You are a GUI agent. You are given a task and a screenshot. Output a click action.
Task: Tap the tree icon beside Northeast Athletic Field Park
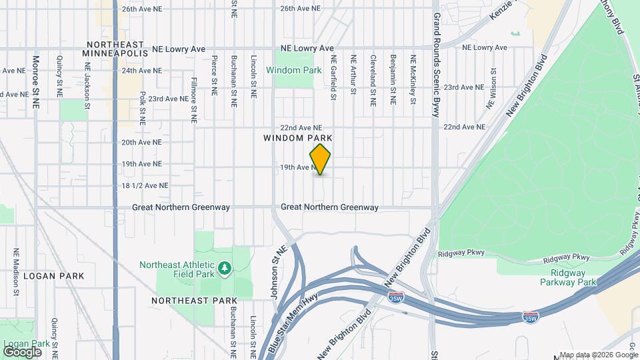[x=226, y=268]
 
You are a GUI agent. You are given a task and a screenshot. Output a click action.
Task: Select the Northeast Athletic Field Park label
[x=177, y=269]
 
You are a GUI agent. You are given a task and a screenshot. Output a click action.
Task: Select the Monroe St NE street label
[x=36, y=81]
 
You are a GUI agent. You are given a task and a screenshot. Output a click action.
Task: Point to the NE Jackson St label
[x=87, y=86]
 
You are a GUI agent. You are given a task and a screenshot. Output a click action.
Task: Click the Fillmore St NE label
[x=193, y=101]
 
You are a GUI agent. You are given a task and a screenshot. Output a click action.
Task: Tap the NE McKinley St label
[x=413, y=80]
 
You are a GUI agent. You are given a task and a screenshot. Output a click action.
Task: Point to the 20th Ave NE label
[x=141, y=143]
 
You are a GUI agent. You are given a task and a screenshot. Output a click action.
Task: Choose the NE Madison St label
[x=15, y=272]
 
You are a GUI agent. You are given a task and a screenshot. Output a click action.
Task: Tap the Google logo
[x=23, y=351]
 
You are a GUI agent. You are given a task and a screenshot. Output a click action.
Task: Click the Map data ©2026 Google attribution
[x=599, y=355]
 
